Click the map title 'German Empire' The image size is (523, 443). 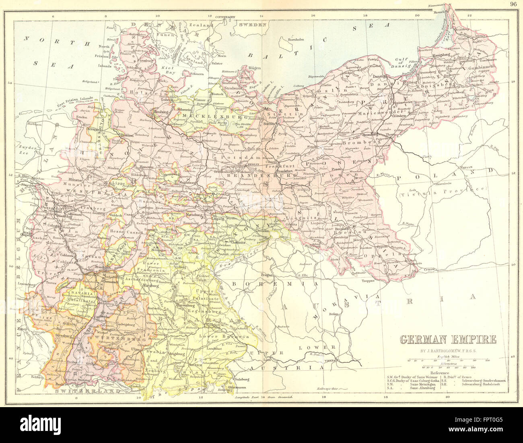point(447,339)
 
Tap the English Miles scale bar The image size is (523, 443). point(447,360)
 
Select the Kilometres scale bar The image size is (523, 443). point(447,367)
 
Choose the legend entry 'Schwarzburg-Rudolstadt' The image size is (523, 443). point(485,385)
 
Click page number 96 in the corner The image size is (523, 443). point(513,4)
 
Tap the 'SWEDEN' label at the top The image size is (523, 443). point(253,25)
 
